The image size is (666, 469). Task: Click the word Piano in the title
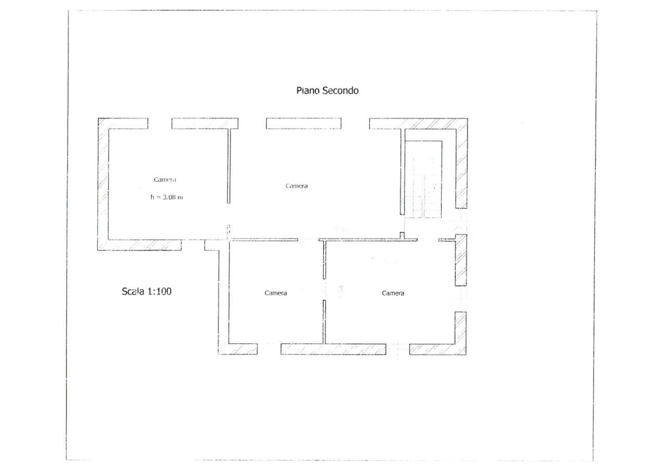[308, 90]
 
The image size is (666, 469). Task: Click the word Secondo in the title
[340, 90]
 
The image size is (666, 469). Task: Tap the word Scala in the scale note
[133, 291]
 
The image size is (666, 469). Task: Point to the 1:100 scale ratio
[159, 291]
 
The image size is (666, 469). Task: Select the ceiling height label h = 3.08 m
[166, 197]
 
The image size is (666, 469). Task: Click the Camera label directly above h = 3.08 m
[165, 179]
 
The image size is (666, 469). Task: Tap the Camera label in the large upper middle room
[297, 186]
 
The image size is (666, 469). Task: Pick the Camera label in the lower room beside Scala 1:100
[276, 293]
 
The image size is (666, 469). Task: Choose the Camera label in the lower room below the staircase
[393, 293]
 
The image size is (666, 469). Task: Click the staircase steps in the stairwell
[424, 187]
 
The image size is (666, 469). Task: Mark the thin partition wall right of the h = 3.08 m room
[228, 166]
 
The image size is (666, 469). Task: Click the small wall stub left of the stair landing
[402, 236]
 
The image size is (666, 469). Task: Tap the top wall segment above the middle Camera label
[303, 123]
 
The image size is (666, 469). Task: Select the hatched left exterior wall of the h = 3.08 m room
[103, 184]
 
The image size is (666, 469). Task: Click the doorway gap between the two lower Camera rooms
[324, 290]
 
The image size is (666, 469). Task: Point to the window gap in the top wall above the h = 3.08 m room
[160, 123]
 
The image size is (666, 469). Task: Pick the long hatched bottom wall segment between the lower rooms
[334, 349]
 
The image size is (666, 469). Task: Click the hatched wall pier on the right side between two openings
[461, 260]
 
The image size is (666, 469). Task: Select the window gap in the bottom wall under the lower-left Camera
[269, 349]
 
